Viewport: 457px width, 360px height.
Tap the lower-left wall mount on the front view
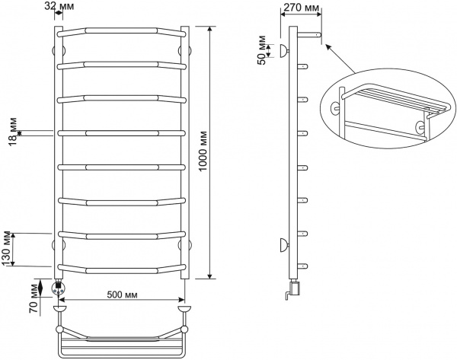(56, 244)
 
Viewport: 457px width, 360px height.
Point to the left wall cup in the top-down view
(59, 308)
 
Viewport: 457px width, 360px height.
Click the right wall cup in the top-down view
(183, 308)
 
